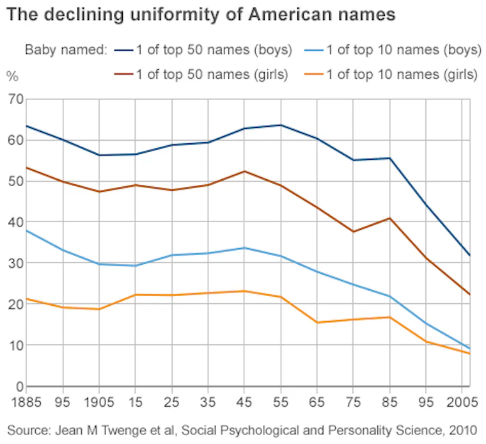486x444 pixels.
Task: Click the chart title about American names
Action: [x=201, y=13]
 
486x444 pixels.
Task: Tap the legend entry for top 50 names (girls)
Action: [x=212, y=75]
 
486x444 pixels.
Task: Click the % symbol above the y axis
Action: [x=13, y=76]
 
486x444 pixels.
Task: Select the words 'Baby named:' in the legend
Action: [x=65, y=49]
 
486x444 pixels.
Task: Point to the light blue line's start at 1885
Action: [x=26, y=230]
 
